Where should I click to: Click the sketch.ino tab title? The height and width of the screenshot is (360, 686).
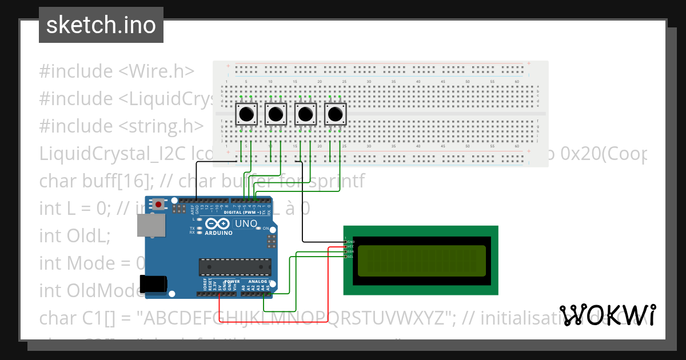click(x=101, y=25)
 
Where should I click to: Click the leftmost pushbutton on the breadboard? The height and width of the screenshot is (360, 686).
click(x=246, y=114)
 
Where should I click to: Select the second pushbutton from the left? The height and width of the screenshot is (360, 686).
click(x=276, y=114)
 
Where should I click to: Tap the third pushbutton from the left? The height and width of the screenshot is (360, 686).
click(x=306, y=114)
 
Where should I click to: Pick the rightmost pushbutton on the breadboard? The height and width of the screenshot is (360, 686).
click(x=336, y=114)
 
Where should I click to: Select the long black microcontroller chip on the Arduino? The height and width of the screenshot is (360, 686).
click(x=234, y=266)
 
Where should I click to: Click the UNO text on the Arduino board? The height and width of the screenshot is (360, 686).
click(x=246, y=223)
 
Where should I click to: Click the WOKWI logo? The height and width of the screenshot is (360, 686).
click(x=607, y=315)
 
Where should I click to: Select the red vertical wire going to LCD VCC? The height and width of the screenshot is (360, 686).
click(x=328, y=280)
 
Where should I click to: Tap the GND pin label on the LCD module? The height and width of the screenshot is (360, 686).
click(x=350, y=241)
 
